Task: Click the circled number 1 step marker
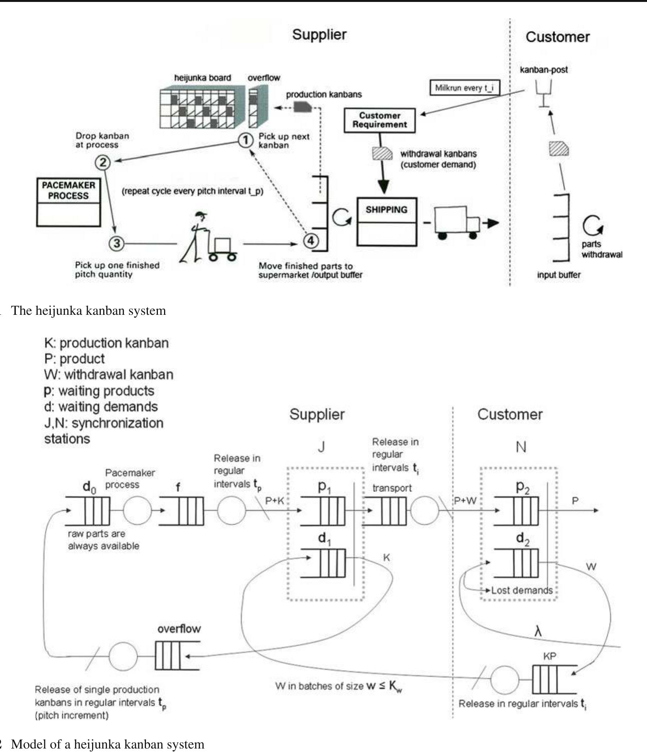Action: tap(245, 140)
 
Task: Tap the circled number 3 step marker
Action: tap(117, 243)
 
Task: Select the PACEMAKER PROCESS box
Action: tap(69, 202)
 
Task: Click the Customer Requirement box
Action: tap(379, 120)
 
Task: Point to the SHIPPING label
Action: tap(386, 210)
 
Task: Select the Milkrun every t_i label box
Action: tap(464, 88)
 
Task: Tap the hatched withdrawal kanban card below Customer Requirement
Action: tap(382, 153)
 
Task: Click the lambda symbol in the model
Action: tap(538, 632)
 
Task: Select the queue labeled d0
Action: tap(88, 511)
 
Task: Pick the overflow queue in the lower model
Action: tap(177, 656)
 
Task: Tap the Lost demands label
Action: tap(522, 590)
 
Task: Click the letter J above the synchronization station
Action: tap(321, 447)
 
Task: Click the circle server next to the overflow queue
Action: tap(123, 656)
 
